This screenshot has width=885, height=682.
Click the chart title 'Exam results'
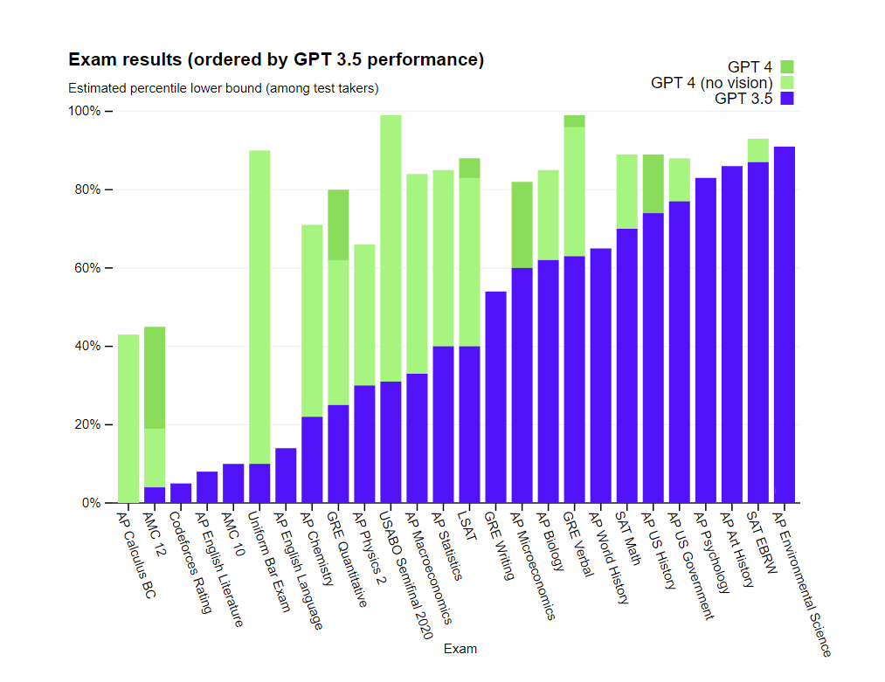275,60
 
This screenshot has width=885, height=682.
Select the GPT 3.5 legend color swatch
787,99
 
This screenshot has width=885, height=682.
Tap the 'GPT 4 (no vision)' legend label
711,82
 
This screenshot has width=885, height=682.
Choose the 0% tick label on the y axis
91,503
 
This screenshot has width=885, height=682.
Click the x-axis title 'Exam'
460,649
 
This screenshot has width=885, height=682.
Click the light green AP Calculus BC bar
128,418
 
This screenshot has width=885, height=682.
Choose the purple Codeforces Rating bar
181,493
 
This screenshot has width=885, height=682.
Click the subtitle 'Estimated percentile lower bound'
223,88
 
